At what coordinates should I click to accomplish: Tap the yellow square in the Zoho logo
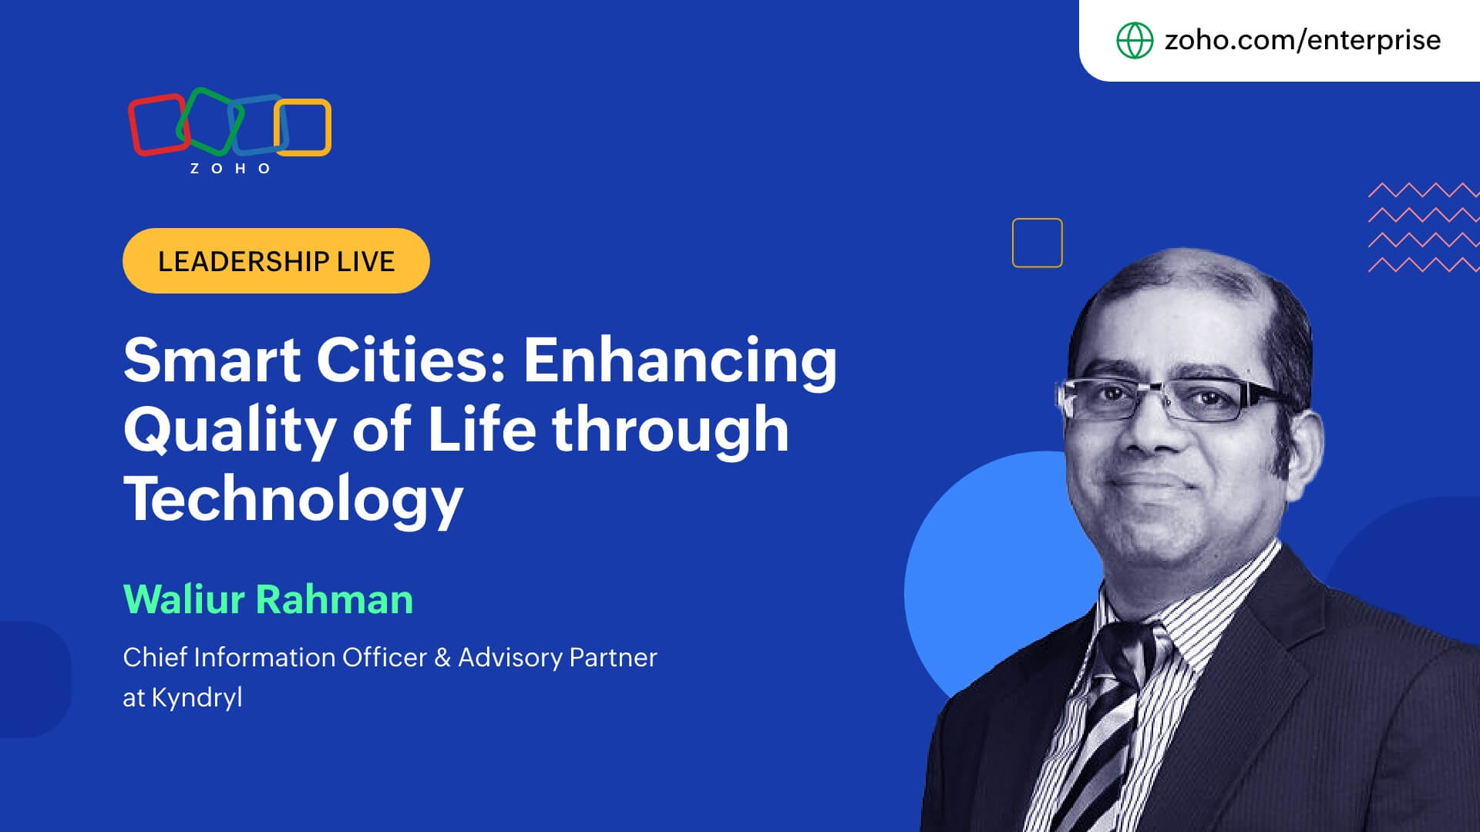click(327, 127)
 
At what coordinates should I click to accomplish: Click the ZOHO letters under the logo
click(230, 169)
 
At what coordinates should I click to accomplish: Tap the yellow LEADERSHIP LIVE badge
click(276, 260)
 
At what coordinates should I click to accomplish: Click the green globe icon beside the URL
click(1135, 40)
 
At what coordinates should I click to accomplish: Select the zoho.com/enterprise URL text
click(1302, 40)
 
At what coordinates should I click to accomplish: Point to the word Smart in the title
click(212, 361)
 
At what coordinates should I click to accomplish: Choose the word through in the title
click(671, 430)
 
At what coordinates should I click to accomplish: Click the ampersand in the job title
click(442, 658)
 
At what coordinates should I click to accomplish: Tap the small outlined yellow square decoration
click(1037, 220)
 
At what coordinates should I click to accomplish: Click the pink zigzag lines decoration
click(1424, 227)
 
